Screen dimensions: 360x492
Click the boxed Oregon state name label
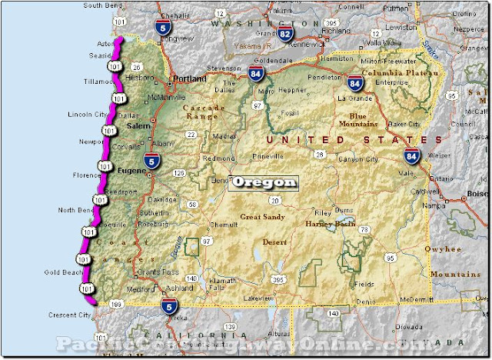click(263, 183)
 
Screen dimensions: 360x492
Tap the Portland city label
click(190, 79)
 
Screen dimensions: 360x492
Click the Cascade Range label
click(204, 113)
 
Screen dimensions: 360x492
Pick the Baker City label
click(404, 124)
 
